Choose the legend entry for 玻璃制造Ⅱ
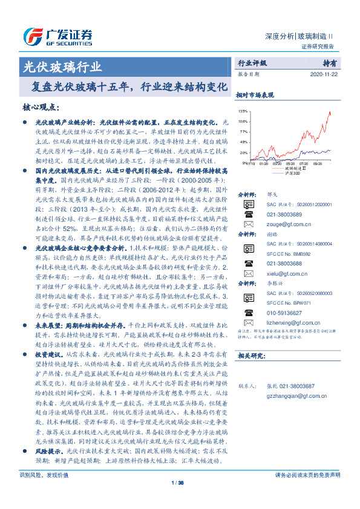click(294, 168)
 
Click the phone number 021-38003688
click(283, 264)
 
